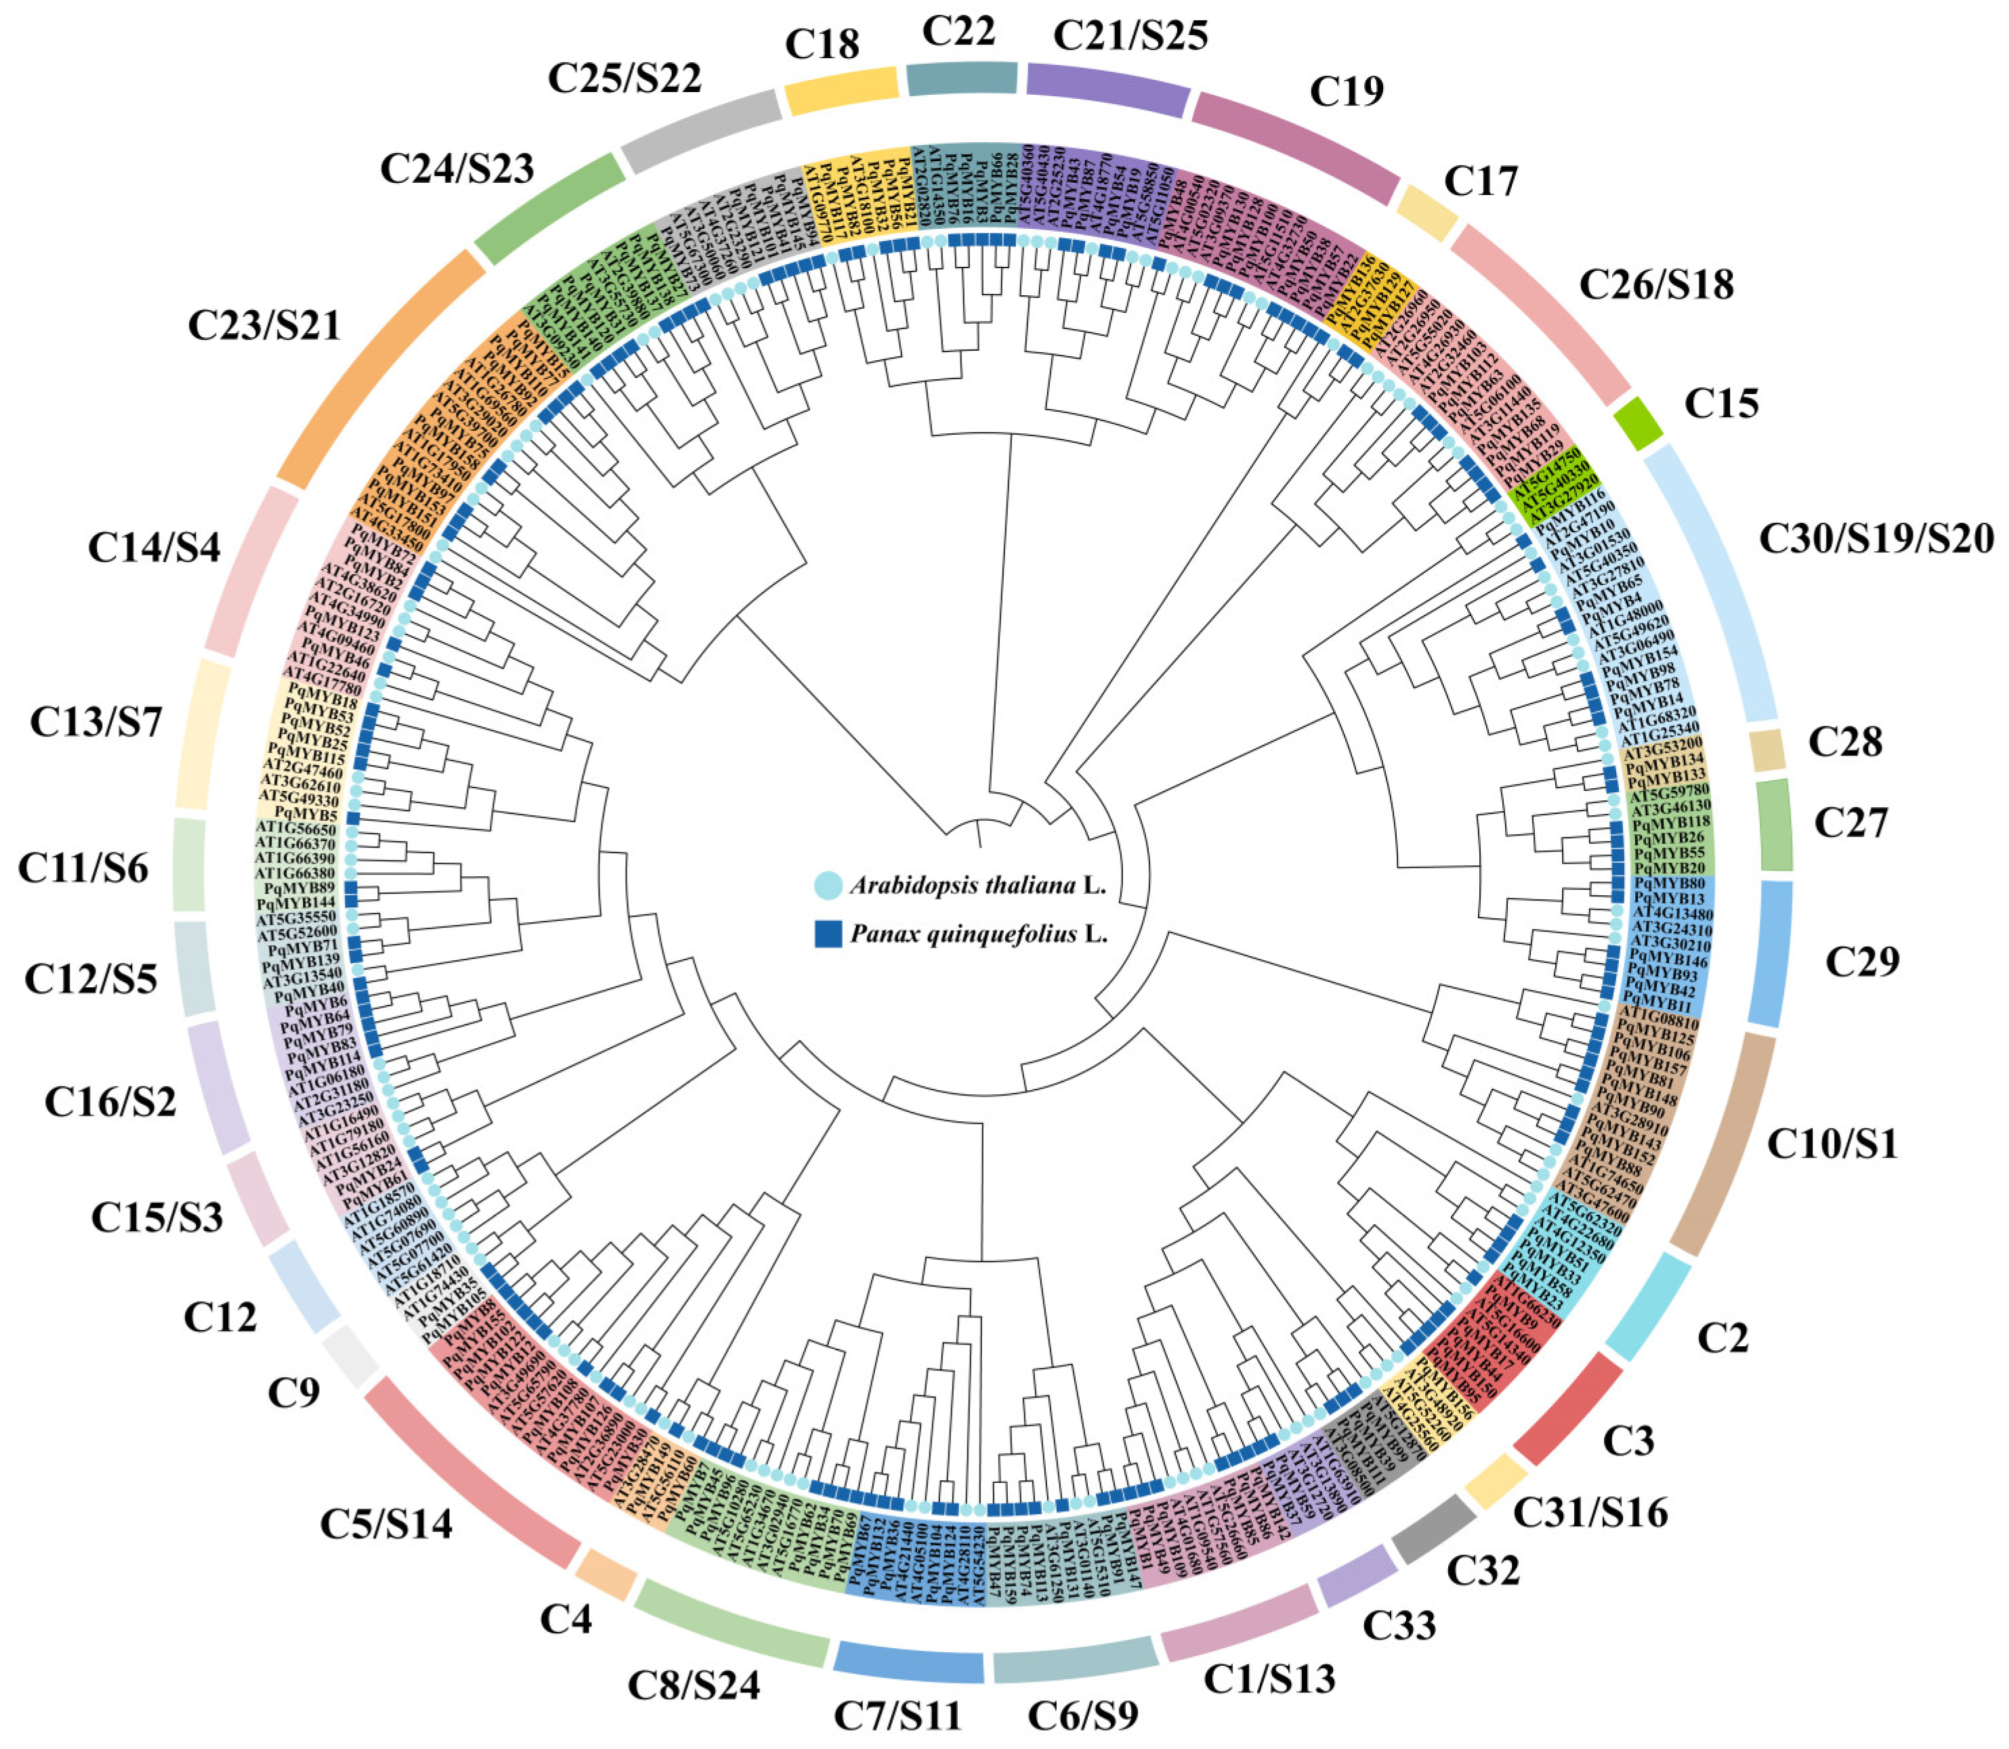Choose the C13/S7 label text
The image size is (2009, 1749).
96,722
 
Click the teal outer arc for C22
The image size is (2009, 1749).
962,78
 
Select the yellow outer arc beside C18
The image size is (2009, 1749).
841,91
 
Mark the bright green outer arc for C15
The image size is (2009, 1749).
1637,422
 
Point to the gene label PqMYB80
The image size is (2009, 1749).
1668,883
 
